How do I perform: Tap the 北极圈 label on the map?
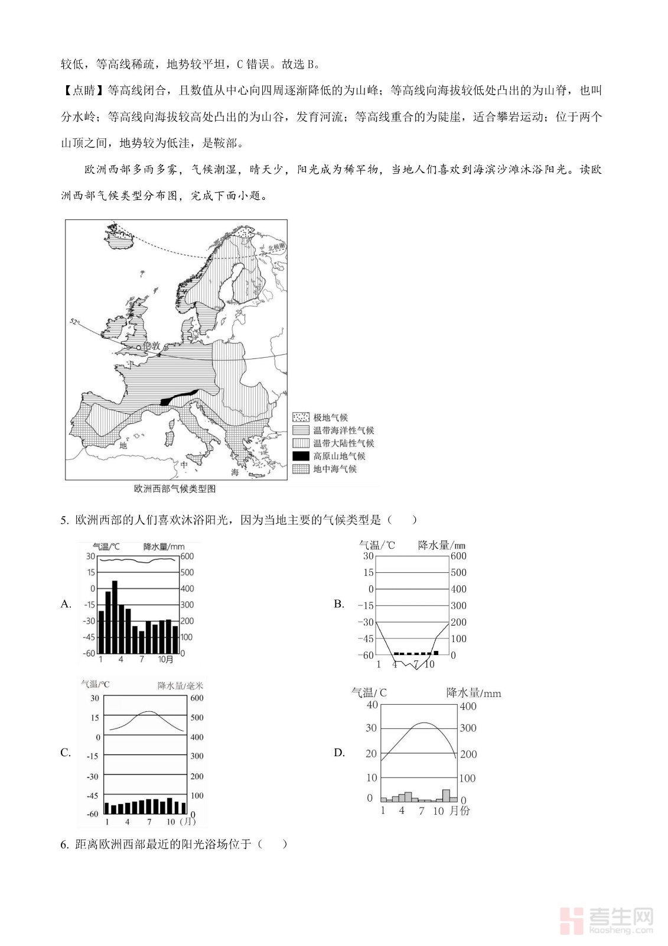point(276,248)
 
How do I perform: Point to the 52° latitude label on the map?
point(74,322)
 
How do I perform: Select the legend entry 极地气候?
point(330,417)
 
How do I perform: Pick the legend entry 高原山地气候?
point(339,456)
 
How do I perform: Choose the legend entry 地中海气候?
point(334,469)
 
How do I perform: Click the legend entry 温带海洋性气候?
point(343,430)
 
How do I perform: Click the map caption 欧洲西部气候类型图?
point(175,488)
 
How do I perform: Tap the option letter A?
point(66,604)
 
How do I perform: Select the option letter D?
point(339,752)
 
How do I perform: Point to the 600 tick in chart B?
point(458,556)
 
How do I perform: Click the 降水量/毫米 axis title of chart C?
point(180,686)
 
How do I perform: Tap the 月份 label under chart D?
point(460,811)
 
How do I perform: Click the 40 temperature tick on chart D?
point(372,705)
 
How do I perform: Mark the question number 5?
point(64,520)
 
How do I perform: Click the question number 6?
point(64,844)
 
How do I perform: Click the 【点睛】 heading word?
point(83,90)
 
